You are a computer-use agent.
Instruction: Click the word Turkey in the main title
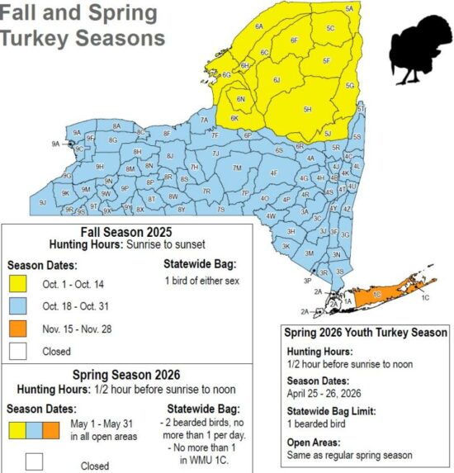(x=35, y=39)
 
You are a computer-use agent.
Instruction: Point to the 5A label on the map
(x=349, y=8)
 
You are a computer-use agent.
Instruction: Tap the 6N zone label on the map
(x=241, y=99)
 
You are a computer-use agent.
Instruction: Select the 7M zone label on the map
(x=237, y=168)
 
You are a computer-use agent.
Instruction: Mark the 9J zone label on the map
(x=41, y=201)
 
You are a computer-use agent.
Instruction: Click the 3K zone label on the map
(x=286, y=246)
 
